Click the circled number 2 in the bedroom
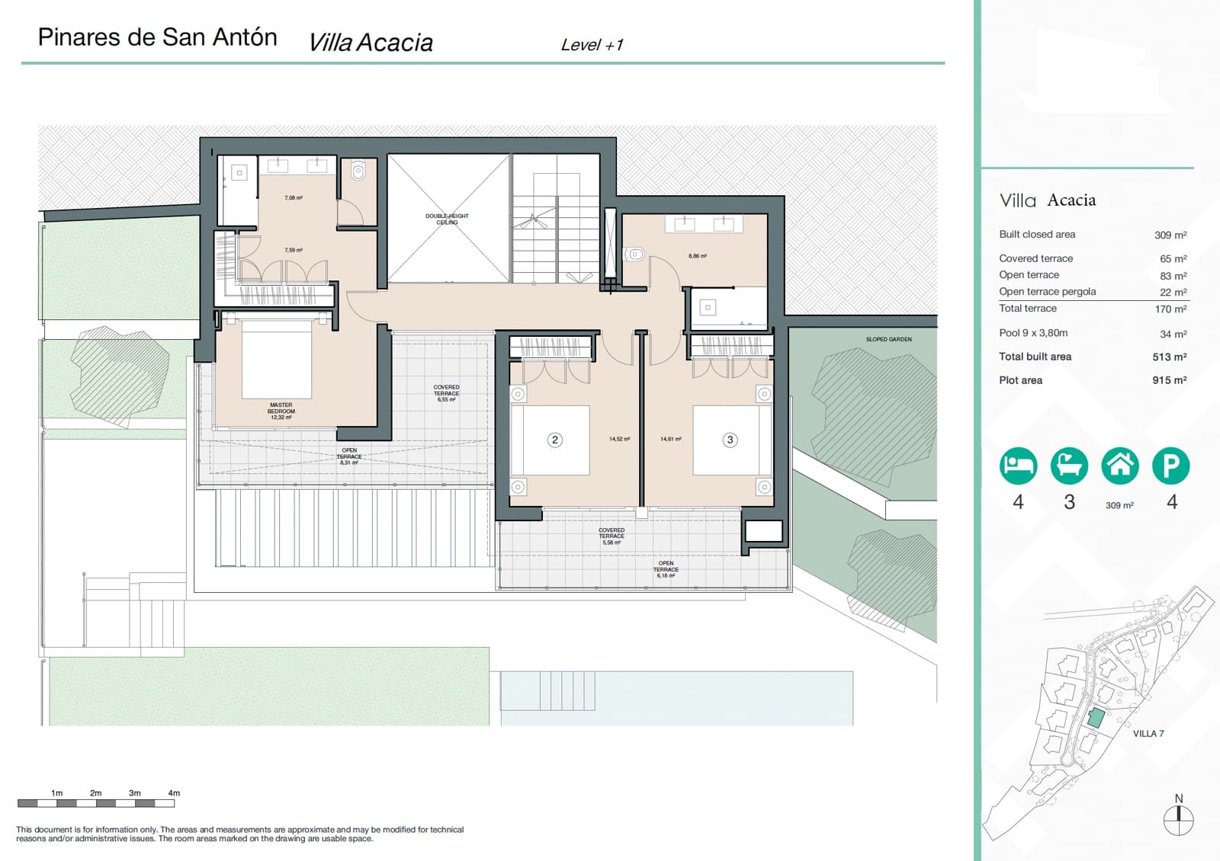tap(555, 440)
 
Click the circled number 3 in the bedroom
tap(730, 440)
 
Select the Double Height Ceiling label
tap(447, 219)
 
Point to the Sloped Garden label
tap(888, 339)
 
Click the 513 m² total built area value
tap(1169, 357)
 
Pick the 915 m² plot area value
tap(1169, 380)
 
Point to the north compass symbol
tap(1178, 819)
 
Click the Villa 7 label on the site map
tap(1148, 734)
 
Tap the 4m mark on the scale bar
tap(174, 793)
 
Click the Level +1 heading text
tap(592, 45)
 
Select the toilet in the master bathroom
tap(358, 171)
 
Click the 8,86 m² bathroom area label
tap(697, 256)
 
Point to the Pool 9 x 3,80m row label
tap(1033, 333)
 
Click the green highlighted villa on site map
tap(1096, 717)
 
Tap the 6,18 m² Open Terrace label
tap(666, 570)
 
